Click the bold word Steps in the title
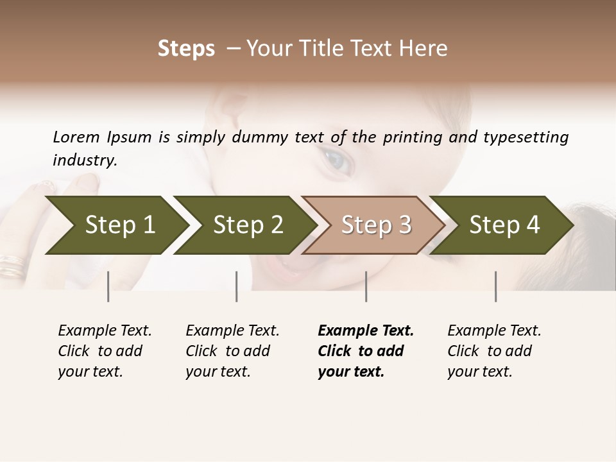point(186,49)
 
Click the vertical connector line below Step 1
point(108,286)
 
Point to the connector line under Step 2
point(237,286)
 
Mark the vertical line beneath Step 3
point(366,286)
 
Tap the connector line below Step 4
point(495,286)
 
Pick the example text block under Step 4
point(494,351)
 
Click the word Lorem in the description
point(76,137)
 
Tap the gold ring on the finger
point(12,265)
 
